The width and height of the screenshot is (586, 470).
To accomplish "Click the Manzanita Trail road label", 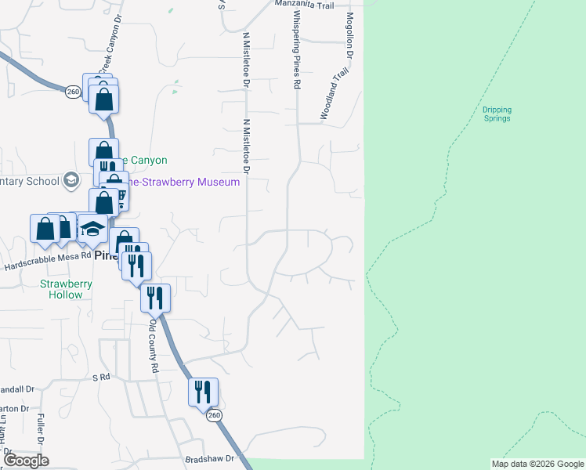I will pos(304,4).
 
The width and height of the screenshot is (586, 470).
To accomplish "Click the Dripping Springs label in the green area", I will pos(496,114).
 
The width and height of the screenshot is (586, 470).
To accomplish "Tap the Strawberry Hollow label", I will pos(66,289).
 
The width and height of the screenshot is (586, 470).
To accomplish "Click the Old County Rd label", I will pos(154,345).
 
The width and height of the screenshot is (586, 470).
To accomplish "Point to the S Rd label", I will pos(99,378).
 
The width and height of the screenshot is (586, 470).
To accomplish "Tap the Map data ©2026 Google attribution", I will pos(537,464).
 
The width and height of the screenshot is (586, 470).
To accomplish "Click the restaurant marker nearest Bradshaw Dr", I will pos(203,391).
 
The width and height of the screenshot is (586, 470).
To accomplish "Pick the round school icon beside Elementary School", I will pos(72,180).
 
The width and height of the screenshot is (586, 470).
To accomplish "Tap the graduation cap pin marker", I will pos(92,228).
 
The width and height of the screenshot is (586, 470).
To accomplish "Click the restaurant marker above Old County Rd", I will pos(155,297).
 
